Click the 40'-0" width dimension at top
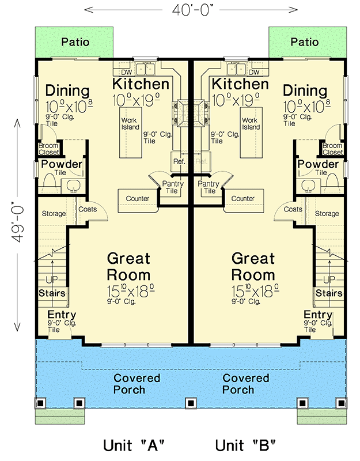tap(191, 9)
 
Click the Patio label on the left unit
tap(76, 41)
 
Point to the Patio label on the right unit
tap(304, 41)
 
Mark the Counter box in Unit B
tap(242, 199)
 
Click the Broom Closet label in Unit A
tap(48, 149)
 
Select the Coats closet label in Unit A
tap(87, 210)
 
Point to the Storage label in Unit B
tap(327, 214)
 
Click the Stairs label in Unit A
tap(52, 293)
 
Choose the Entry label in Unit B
tap(318, 315)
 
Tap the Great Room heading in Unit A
tap(128, 266)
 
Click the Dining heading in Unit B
tap(305, 91)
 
